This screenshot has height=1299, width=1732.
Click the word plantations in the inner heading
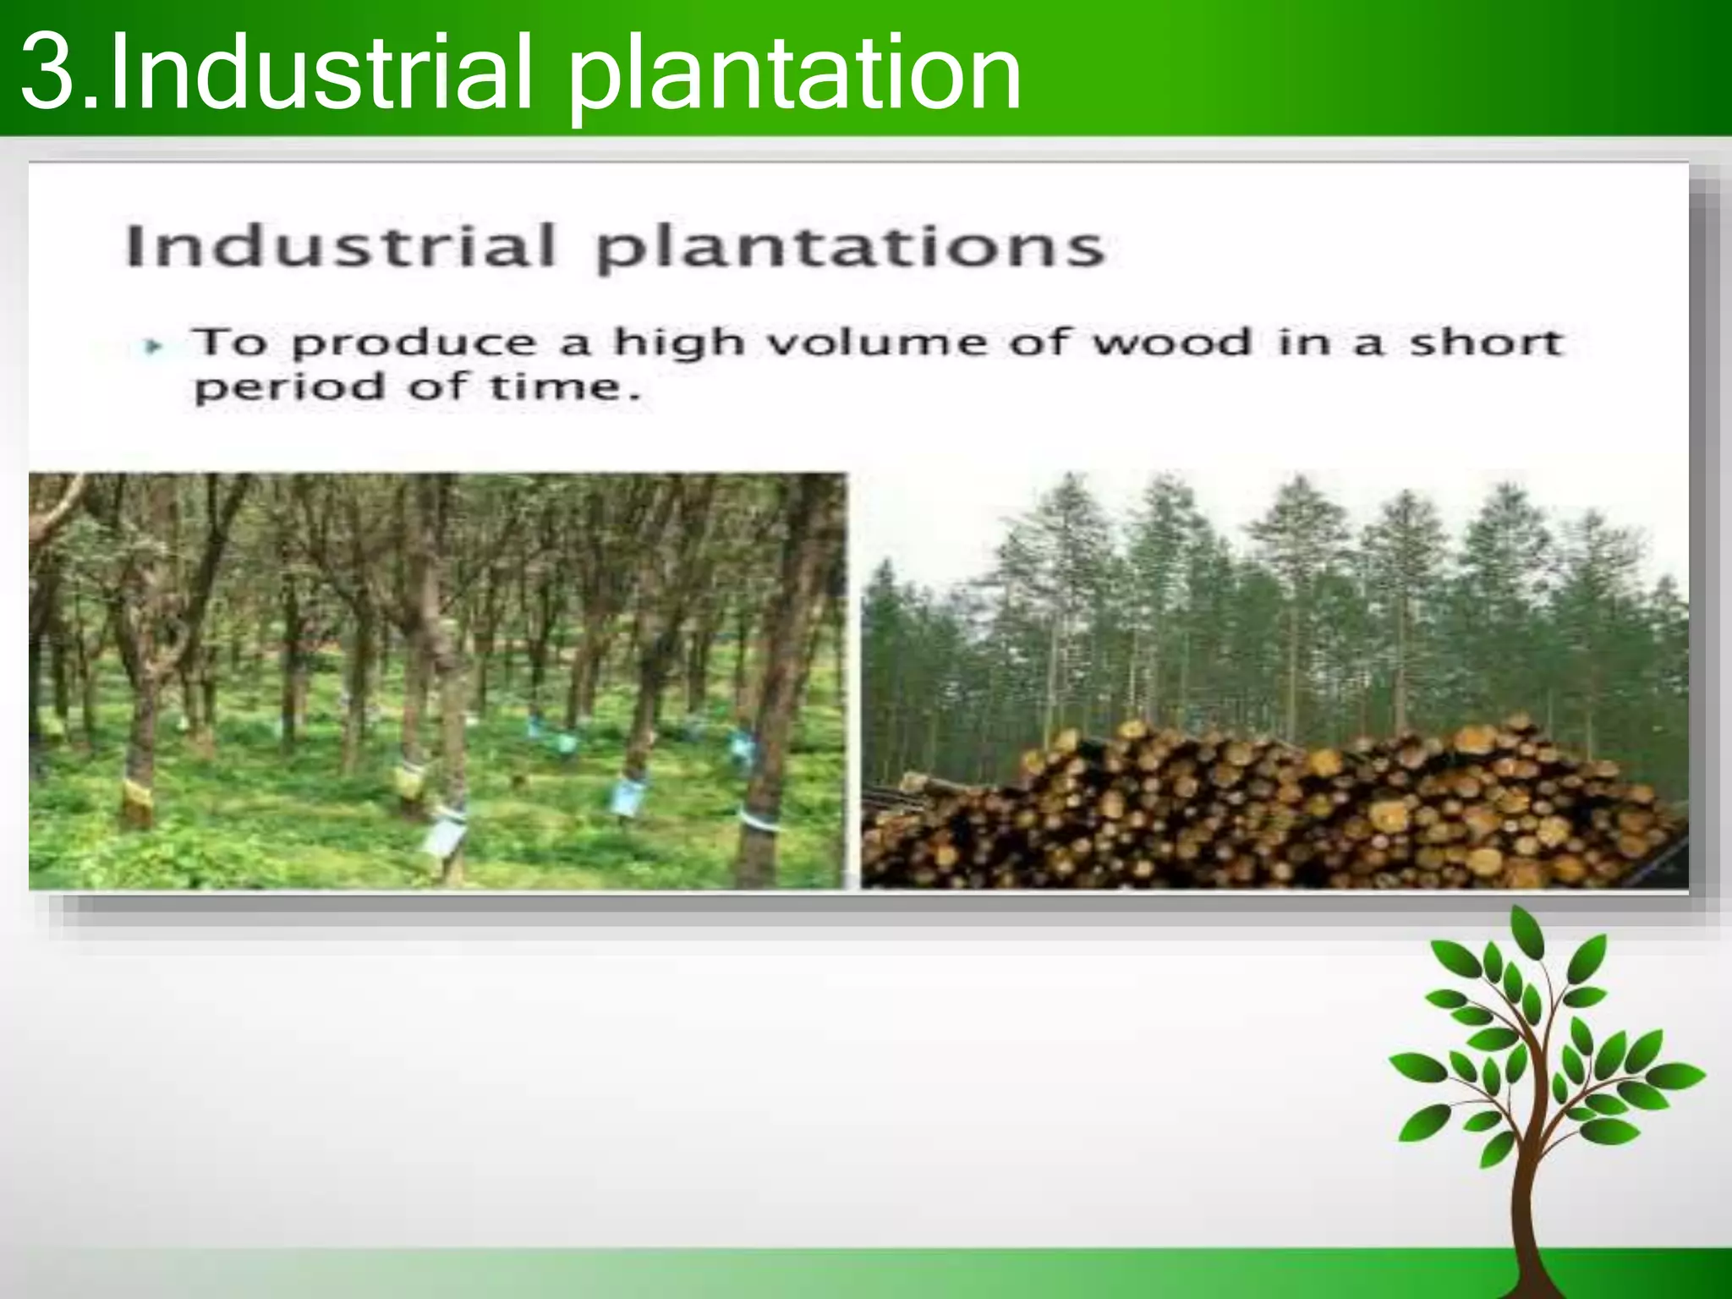coord(850,248)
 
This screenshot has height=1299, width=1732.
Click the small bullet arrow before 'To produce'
coord(153,346)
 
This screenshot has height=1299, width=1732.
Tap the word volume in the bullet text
coord(880,343)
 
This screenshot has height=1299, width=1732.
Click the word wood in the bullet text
coord(1171,343)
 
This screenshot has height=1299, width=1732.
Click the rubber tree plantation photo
coord(436,681)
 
